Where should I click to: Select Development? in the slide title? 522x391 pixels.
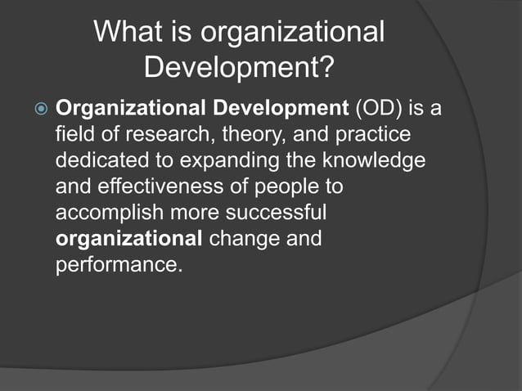tap(239, 68)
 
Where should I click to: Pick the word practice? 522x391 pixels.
tap(370, 133)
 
